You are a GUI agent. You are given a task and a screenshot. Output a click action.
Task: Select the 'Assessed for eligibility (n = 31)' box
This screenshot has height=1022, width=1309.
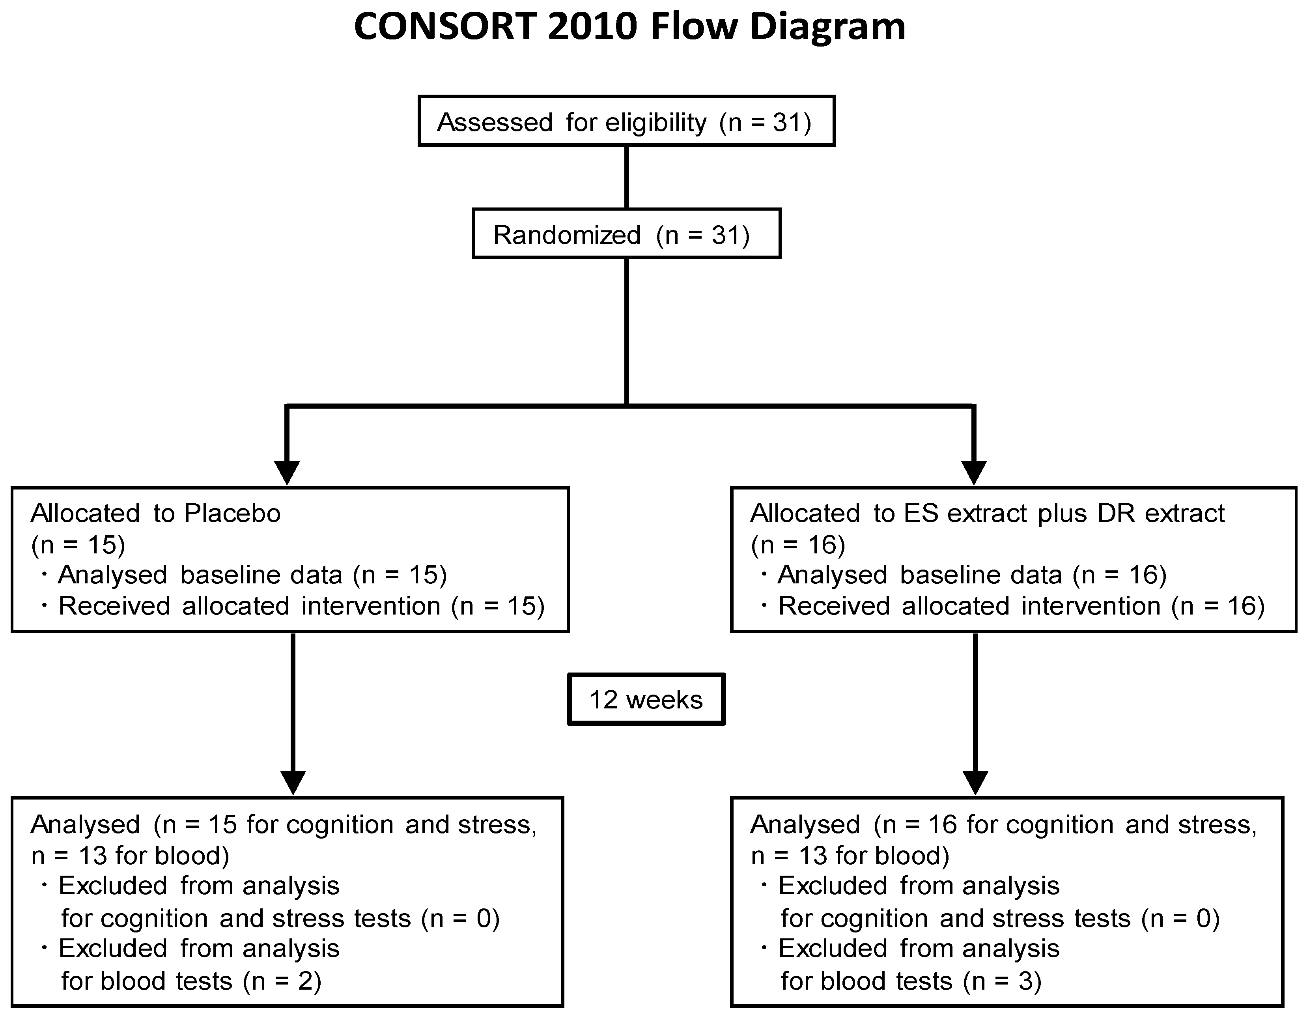pyautogui.click(x=626, y=121)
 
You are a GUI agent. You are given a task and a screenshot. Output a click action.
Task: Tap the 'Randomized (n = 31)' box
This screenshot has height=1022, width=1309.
pyautogui.click(x=626, y=234)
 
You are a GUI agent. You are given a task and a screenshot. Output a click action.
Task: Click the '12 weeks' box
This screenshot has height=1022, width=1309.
pyautogui.click(x=646, y=699)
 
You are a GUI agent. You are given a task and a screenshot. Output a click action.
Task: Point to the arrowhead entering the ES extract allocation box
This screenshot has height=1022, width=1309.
pyautogui.click(x=973, y=472)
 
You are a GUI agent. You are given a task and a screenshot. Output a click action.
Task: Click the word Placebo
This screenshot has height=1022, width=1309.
pyautogui.click(x=232, y=514)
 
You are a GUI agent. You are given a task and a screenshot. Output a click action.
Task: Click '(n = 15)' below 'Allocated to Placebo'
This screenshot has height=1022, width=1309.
pyautogui.click(x=78, y=544)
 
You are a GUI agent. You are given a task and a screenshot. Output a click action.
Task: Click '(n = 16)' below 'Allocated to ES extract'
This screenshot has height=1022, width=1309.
pyautogui.click(x=798, y=544)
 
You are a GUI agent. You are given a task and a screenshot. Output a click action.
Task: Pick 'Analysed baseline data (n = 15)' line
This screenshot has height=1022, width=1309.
pyautogui.click(x=252, y=575)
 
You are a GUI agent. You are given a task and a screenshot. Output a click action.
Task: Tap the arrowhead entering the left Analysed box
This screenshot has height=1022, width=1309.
pyautogui.click(x=293, y=782)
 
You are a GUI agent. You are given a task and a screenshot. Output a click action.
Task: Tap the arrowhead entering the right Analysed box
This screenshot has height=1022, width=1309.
pyautogui.click(x=975, y=782)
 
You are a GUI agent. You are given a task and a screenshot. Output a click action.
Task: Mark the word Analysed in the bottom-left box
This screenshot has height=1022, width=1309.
pyautogui.click(x=86, y=825)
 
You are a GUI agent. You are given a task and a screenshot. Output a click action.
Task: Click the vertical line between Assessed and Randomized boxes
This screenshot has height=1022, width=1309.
pyautogui.click(x=626, y=177)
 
